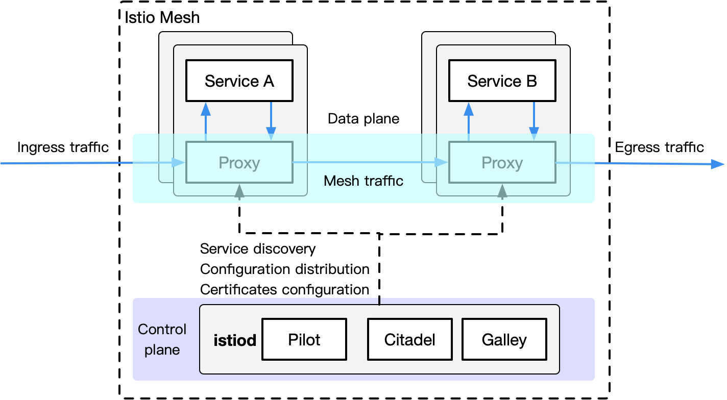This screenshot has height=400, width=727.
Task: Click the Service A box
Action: [x=239, y=81]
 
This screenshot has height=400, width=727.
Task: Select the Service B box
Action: [x=502, y=81]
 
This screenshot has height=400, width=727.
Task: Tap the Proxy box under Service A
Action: [x=239, y=163]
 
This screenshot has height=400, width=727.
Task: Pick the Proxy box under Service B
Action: [x=502, y=163]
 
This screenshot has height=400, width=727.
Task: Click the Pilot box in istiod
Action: [x=304, y=339]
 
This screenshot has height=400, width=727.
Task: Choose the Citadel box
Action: [x=409, y=339]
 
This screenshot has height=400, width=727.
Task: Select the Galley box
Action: [x=504, y=339]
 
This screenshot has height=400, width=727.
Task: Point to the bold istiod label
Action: [x=235, y=340]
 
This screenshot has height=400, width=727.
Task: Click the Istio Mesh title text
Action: [x=162, y=18]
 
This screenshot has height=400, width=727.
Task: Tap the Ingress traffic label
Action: [x=63, y=147]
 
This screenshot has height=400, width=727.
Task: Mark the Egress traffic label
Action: [x=659, y=147]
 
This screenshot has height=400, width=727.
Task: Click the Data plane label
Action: [x=363, y=119]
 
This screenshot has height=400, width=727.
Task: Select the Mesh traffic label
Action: [x=363, y=181]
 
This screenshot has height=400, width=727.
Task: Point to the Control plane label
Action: [x=162, y=339]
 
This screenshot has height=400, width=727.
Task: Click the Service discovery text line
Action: [x=258, y=249]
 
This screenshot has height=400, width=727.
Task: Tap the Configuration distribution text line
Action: [x=284, y=269]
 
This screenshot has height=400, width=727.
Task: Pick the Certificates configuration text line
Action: [x=284, y=290]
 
